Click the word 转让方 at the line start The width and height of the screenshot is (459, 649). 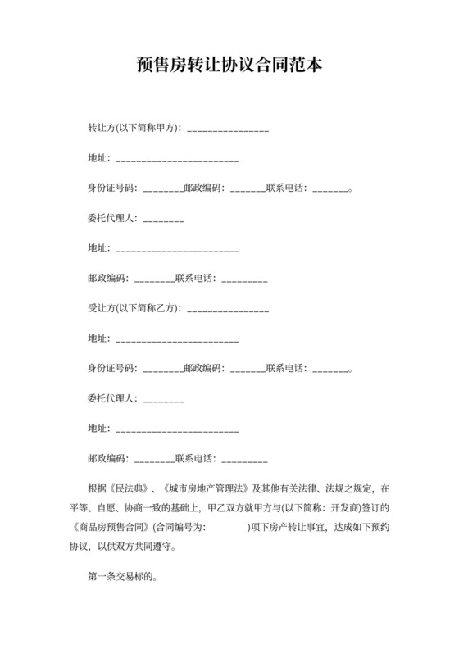pyautogui.click(x=101, y=129)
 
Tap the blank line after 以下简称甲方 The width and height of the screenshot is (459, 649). pyautogui.click(x=228, y=129)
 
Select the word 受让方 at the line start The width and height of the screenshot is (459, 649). pyautogui.click(x=101, y=309)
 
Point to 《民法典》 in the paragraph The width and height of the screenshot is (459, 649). pyautogui.click(x=127, y=488)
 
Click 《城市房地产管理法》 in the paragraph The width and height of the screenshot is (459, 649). pyautogui.click(x=210, y=488)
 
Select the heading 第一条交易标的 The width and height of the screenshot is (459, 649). pyautogui.click(x=120, y=577)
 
